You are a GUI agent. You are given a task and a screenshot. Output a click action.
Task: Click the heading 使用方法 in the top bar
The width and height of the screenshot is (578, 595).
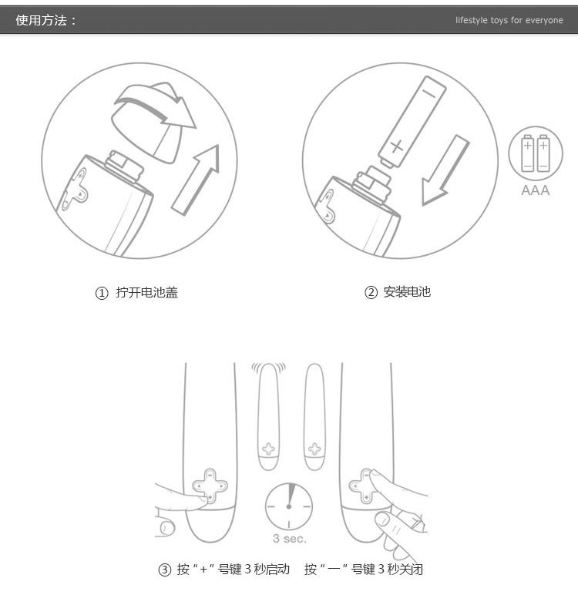[42, 20]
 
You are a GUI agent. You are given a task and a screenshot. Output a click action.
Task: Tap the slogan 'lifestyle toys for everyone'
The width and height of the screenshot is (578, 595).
[509, 20]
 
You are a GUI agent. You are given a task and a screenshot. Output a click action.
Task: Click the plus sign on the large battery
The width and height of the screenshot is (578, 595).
[397, 146]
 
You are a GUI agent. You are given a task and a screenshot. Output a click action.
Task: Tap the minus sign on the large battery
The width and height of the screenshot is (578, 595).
[429, 93]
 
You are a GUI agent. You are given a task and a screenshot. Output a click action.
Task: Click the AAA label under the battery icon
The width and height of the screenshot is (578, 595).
[535, 190]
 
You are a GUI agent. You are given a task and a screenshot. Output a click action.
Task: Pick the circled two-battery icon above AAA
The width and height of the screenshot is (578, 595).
[536, 153]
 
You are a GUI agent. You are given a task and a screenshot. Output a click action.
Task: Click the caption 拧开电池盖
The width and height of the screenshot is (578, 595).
[147, 293]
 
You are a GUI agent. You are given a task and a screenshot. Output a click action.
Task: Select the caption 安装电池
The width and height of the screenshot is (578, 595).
[407, 292]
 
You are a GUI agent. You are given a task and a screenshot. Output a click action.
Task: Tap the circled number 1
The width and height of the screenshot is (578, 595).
[102, 293]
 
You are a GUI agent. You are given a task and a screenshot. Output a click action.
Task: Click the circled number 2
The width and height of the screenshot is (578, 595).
[371, 292]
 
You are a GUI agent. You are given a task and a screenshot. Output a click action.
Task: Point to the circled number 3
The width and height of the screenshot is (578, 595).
[164, 570]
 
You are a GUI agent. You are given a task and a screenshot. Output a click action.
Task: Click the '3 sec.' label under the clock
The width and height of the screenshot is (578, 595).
[289, 539]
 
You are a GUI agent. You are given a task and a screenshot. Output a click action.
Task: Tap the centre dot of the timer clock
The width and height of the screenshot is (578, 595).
[289, 506]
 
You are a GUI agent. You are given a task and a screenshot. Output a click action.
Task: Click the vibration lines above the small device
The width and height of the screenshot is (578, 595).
[268, 368]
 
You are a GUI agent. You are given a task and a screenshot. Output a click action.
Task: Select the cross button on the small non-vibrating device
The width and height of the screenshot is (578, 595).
[314, 449]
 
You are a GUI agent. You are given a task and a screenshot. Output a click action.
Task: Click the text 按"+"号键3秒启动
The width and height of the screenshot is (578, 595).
[233, 570]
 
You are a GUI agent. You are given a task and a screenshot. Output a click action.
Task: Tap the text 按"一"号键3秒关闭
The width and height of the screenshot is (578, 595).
[364, 570]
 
